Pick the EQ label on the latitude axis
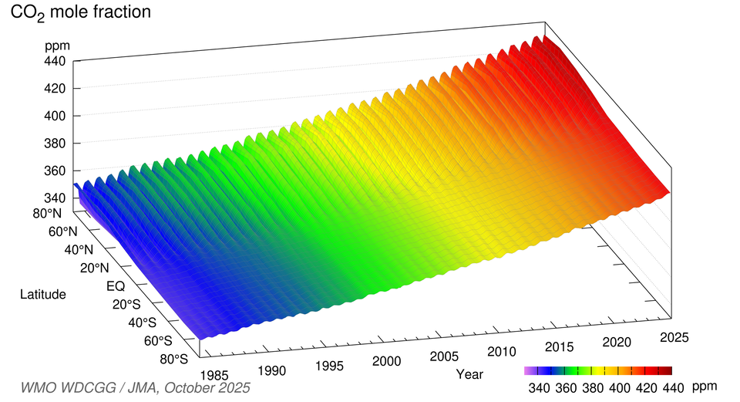coord(116,286)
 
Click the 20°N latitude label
coord(96,268)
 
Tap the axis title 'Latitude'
coord(43,294)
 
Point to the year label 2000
coord(385,360)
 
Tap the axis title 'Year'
coord(469,374)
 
